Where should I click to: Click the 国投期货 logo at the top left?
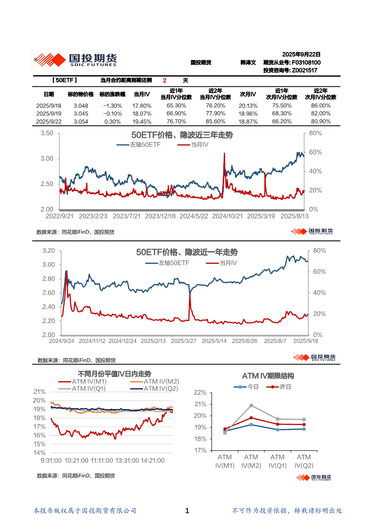tap(76, 60)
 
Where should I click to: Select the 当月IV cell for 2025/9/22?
tap(142, 122)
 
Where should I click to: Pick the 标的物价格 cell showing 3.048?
tap(81, 105)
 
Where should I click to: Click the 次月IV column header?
tap(248, 94)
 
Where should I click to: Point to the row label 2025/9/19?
tap(49, 114)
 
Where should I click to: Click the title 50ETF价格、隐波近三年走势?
tap(182, 135)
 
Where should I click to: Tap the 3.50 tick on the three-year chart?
tap(47, 133)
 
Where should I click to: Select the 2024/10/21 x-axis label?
tap(227, 216)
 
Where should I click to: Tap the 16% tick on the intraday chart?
tap(39, 435)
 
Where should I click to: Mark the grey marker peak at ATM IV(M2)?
tap(251, 405)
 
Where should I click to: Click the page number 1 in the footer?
tap(187, 511)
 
